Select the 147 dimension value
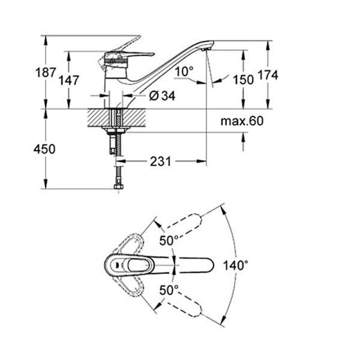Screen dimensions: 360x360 [x=69, y=81]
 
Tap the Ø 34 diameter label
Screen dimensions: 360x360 [x=161, y=95]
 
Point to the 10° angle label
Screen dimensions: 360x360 [x=184, y=71]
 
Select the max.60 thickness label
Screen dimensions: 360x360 [x=242, y=121]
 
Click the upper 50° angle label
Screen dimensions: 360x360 [x=169, y=241]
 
